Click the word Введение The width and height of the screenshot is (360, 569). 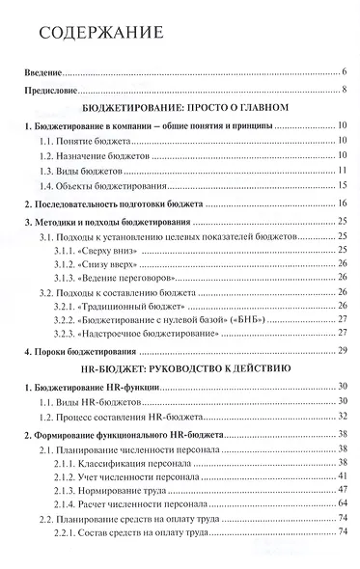tap(43, 72)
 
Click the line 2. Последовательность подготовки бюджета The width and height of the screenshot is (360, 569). tap(111, 204)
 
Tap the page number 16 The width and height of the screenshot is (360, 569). tap(342, 204)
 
